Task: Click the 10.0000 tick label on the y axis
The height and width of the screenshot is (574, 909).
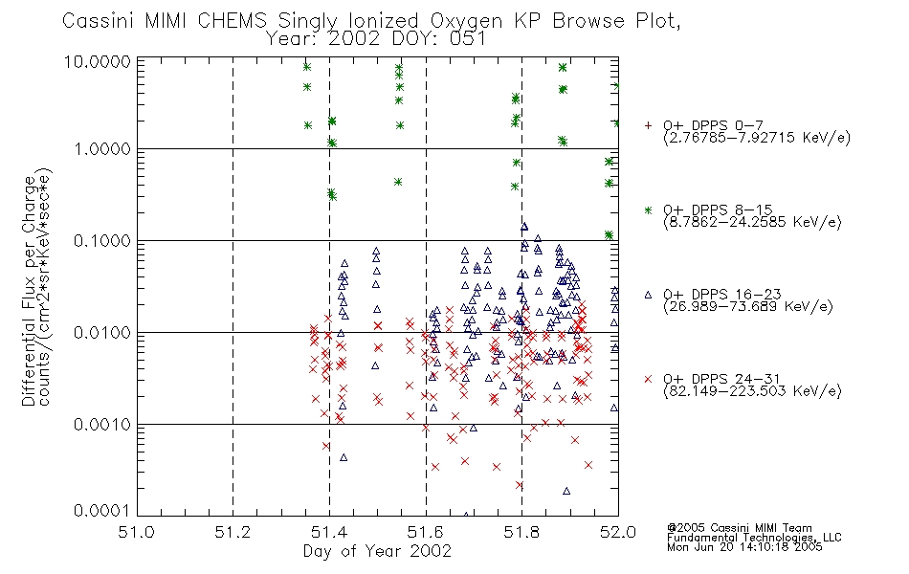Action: click(97, 62)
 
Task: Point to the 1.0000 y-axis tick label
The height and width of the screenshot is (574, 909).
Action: click(102, 149)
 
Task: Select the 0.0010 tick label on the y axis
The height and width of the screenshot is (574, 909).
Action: click(102, 425)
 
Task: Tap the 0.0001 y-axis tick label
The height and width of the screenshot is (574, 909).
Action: click(102, 510)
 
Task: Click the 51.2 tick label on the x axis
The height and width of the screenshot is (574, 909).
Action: click(233, 532)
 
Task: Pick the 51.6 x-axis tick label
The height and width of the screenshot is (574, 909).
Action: click(426, 532)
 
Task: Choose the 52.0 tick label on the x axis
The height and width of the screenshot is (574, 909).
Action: click(618, 532)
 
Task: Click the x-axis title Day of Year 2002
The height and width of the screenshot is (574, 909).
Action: click(377, 551)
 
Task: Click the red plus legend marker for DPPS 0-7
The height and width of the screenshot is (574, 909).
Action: click(648, 125)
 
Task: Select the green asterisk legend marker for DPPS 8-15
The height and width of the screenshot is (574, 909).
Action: click(648, 210)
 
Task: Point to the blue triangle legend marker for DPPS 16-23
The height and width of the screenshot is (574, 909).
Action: click(648, 295)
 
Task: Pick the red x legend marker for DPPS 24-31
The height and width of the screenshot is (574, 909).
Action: click(648, 379)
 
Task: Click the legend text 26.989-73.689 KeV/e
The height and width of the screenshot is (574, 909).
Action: click(748, 307)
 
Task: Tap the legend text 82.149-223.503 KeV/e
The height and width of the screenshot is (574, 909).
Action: click(752, 391)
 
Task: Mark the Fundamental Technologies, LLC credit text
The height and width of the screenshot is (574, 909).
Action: click(754, 538)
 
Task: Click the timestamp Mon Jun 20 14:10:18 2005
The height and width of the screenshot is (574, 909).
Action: click(744, 547)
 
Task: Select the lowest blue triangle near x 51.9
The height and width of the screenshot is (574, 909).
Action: click(566, 491)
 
